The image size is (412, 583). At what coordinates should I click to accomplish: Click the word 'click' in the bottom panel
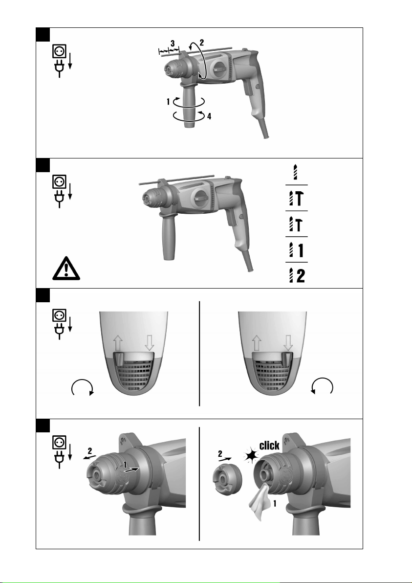(269, 445)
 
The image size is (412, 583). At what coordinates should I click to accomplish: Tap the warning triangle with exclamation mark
(66, 268)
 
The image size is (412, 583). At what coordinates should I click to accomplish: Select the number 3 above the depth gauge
(173, 44)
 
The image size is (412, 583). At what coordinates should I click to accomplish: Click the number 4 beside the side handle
(209, 116)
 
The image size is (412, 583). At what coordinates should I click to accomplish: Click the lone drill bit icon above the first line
(295, 171)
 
